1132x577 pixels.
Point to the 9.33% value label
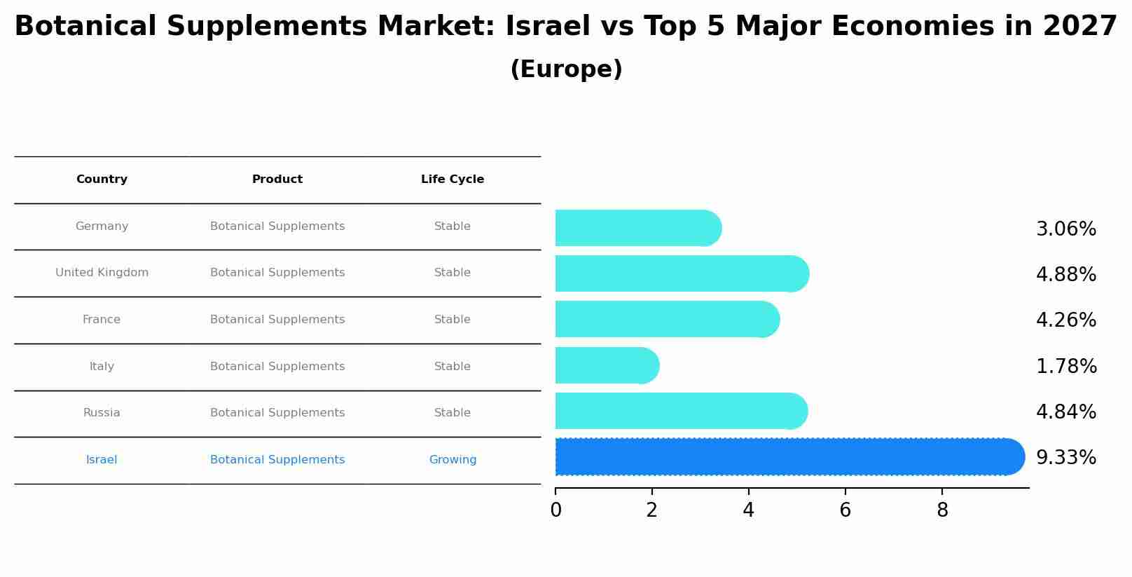point(1065,458)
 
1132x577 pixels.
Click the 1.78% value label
point(1065,367)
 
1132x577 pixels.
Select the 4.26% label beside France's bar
point(1065,320)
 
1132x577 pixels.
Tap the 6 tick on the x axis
point(845,510)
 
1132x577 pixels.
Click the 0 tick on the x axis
point(555,510)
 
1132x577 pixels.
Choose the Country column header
point(102,179)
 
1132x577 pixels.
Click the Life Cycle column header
point(453,179)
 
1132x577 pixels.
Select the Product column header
point(277,179)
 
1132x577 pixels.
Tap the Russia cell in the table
point(102,413)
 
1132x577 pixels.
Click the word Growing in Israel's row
point(453,460)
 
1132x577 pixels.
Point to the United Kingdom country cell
point(102,273)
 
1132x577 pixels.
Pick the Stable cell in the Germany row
point(453,226)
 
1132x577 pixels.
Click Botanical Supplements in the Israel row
point(277,460)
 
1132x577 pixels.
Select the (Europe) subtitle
point(566,70)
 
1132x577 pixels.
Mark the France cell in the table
point(102,320)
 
